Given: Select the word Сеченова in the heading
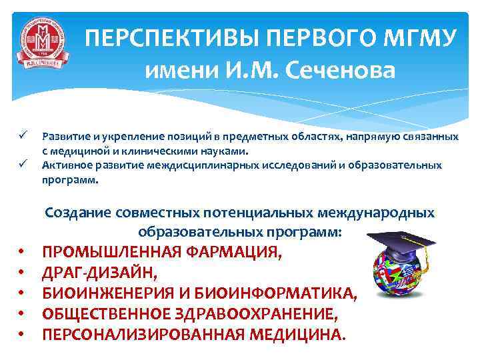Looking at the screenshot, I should coord(341,69).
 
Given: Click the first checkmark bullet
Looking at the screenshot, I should coord(22,136).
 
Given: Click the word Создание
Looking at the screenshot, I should coord(77,213).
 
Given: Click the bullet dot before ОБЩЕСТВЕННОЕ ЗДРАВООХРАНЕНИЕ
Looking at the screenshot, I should coord(22,314).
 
